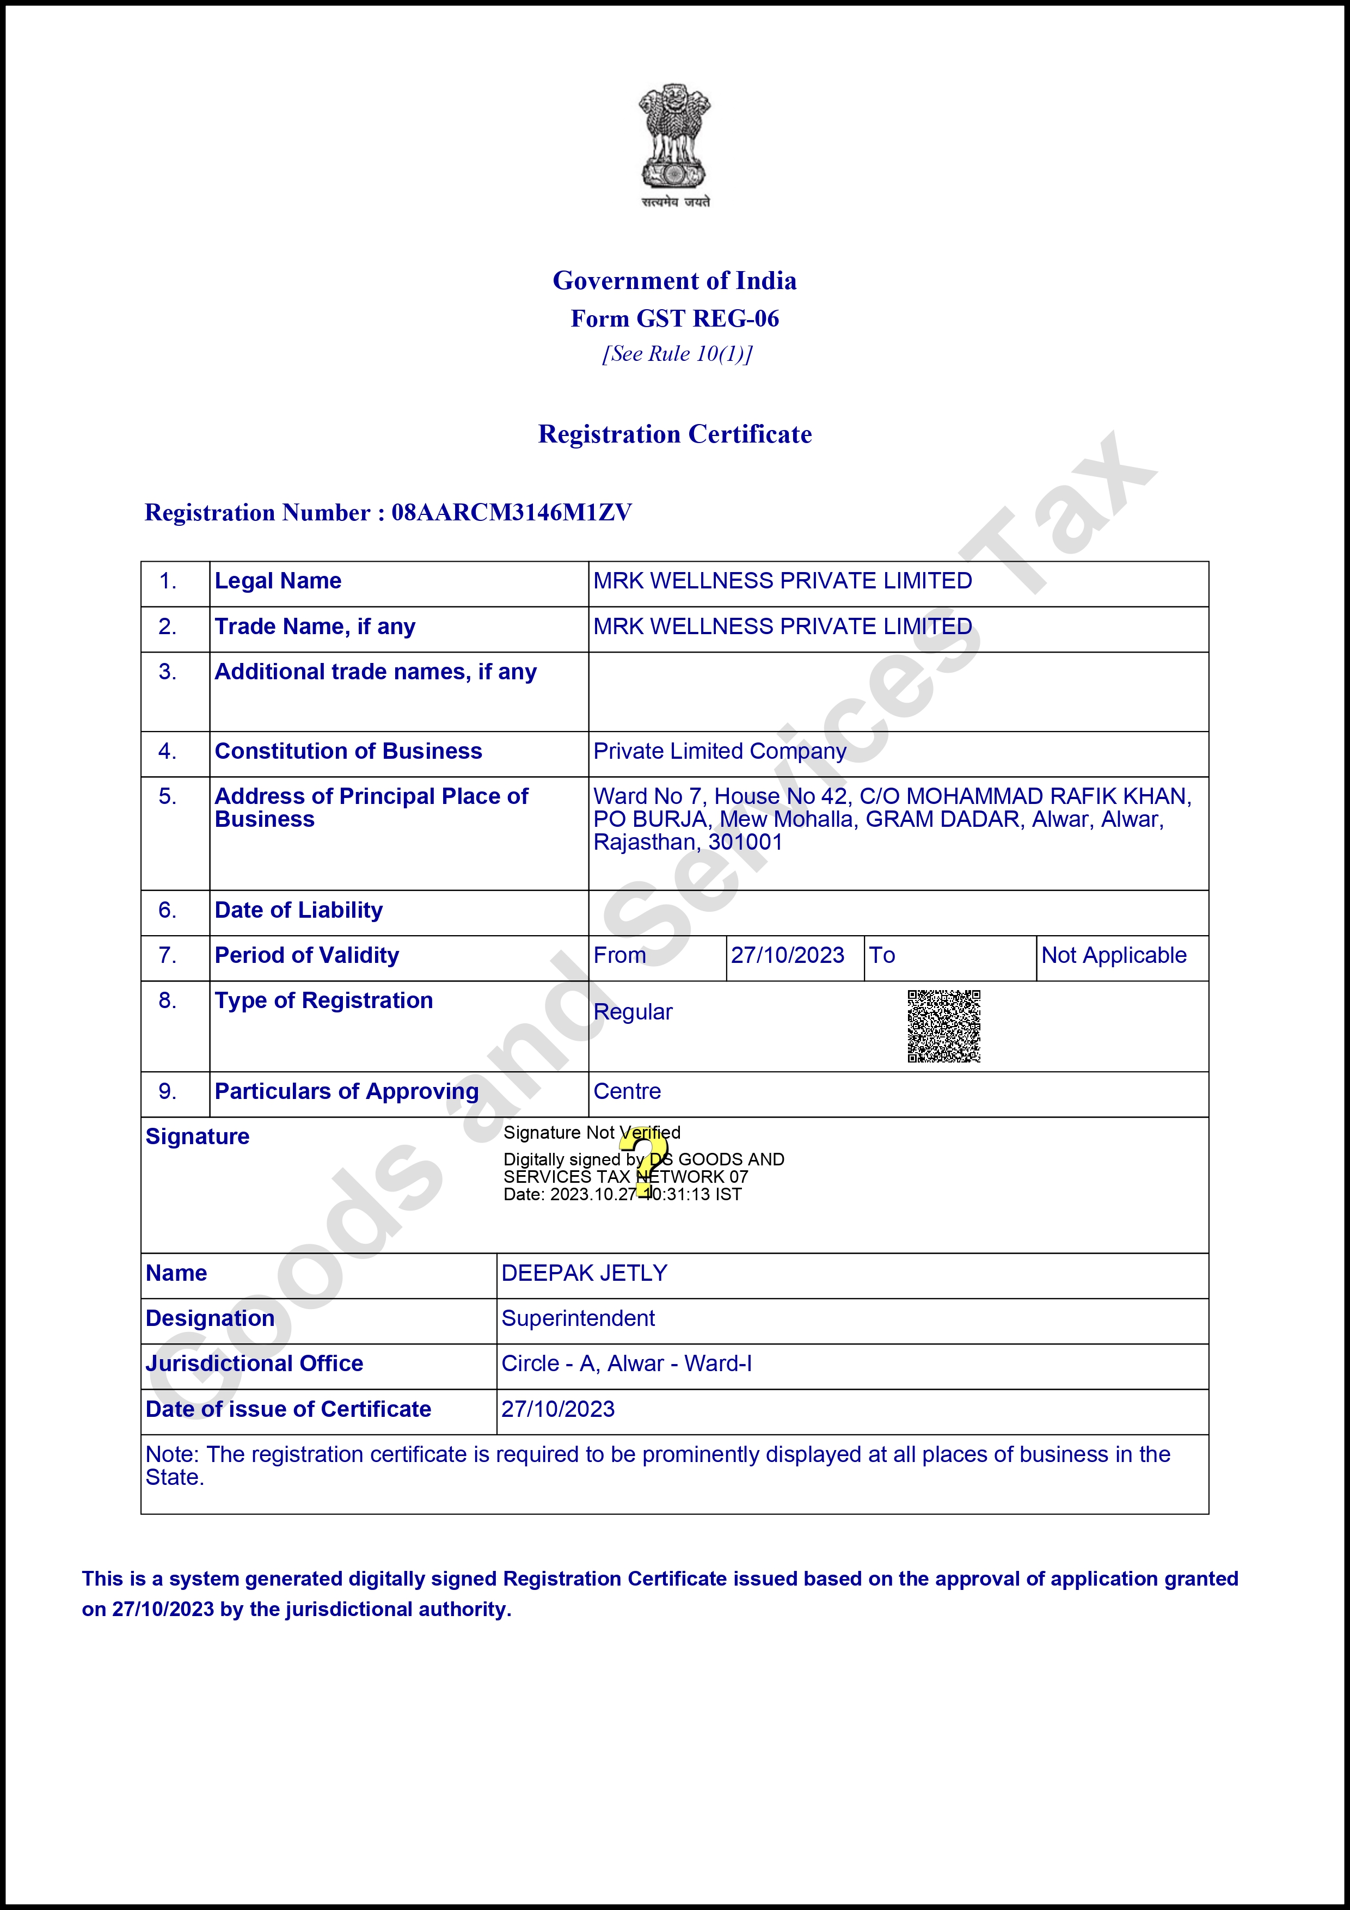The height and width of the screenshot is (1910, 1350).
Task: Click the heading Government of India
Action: point(674,280)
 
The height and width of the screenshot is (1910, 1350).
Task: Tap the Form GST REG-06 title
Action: point(674,318)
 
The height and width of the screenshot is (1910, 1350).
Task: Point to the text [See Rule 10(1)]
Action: point(677,354)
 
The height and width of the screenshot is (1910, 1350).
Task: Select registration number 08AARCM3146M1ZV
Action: point(512,512)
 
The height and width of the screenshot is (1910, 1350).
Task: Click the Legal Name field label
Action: point(278,581)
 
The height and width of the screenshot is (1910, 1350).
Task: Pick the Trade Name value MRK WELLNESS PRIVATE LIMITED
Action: point(782,627)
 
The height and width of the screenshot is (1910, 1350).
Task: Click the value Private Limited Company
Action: point(720,751)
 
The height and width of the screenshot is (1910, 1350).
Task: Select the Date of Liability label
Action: point(299,910)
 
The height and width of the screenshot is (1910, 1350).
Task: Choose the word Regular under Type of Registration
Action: point(633,1012)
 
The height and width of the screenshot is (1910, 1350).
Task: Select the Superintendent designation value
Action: point(578,1318)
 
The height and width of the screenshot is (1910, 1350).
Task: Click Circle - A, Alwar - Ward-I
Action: point(627,1364)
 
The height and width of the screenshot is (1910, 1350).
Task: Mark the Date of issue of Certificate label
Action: point(288,1409)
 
